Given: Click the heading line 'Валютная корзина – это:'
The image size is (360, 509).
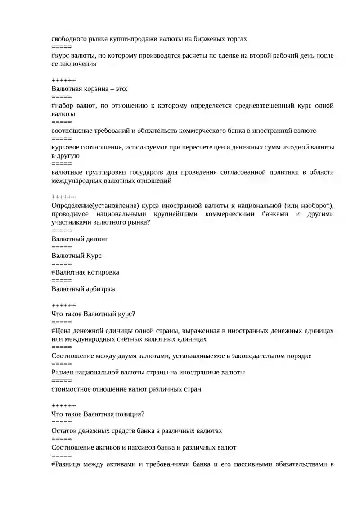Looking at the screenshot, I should [x=90, y=89].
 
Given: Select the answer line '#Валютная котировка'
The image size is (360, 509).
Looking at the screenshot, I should [x=85, y=272].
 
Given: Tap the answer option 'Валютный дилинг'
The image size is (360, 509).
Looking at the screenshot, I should [x=80, y=239].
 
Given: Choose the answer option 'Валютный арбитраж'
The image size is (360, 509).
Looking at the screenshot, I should [x=83, y=289].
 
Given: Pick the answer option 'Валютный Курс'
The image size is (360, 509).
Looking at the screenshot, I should [x=76, y=256].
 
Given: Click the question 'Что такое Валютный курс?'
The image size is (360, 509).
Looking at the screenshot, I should [x=93, y=314].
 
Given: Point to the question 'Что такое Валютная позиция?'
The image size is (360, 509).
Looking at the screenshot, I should [x=98, y=414].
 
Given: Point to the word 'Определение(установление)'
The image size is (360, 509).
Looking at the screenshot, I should [x=95, y=206].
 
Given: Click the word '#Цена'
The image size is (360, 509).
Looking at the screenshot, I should [x=62, y=331].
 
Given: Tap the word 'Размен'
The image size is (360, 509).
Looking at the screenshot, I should [x=63, y=373].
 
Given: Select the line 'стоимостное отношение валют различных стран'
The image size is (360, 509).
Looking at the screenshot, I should [x=126, y=389].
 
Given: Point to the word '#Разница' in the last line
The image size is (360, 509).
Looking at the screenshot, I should [x=67, y=464].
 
